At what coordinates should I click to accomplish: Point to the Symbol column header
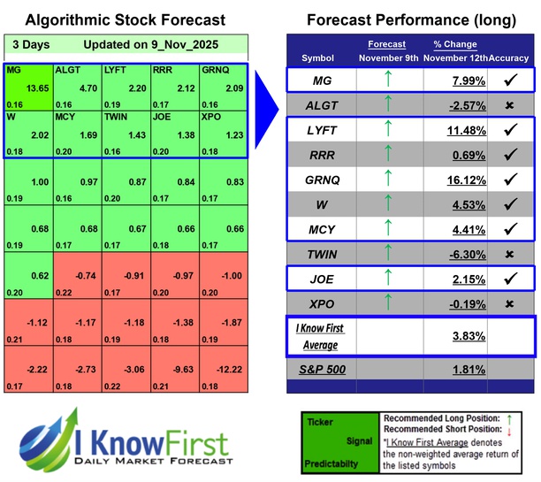pos(318,57)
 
